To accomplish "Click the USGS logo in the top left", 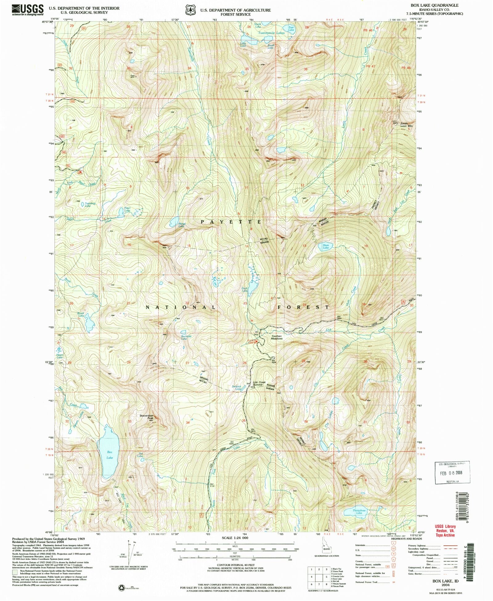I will [28, 10].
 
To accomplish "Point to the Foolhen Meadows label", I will [276, 337].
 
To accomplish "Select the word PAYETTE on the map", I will [231, 222].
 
